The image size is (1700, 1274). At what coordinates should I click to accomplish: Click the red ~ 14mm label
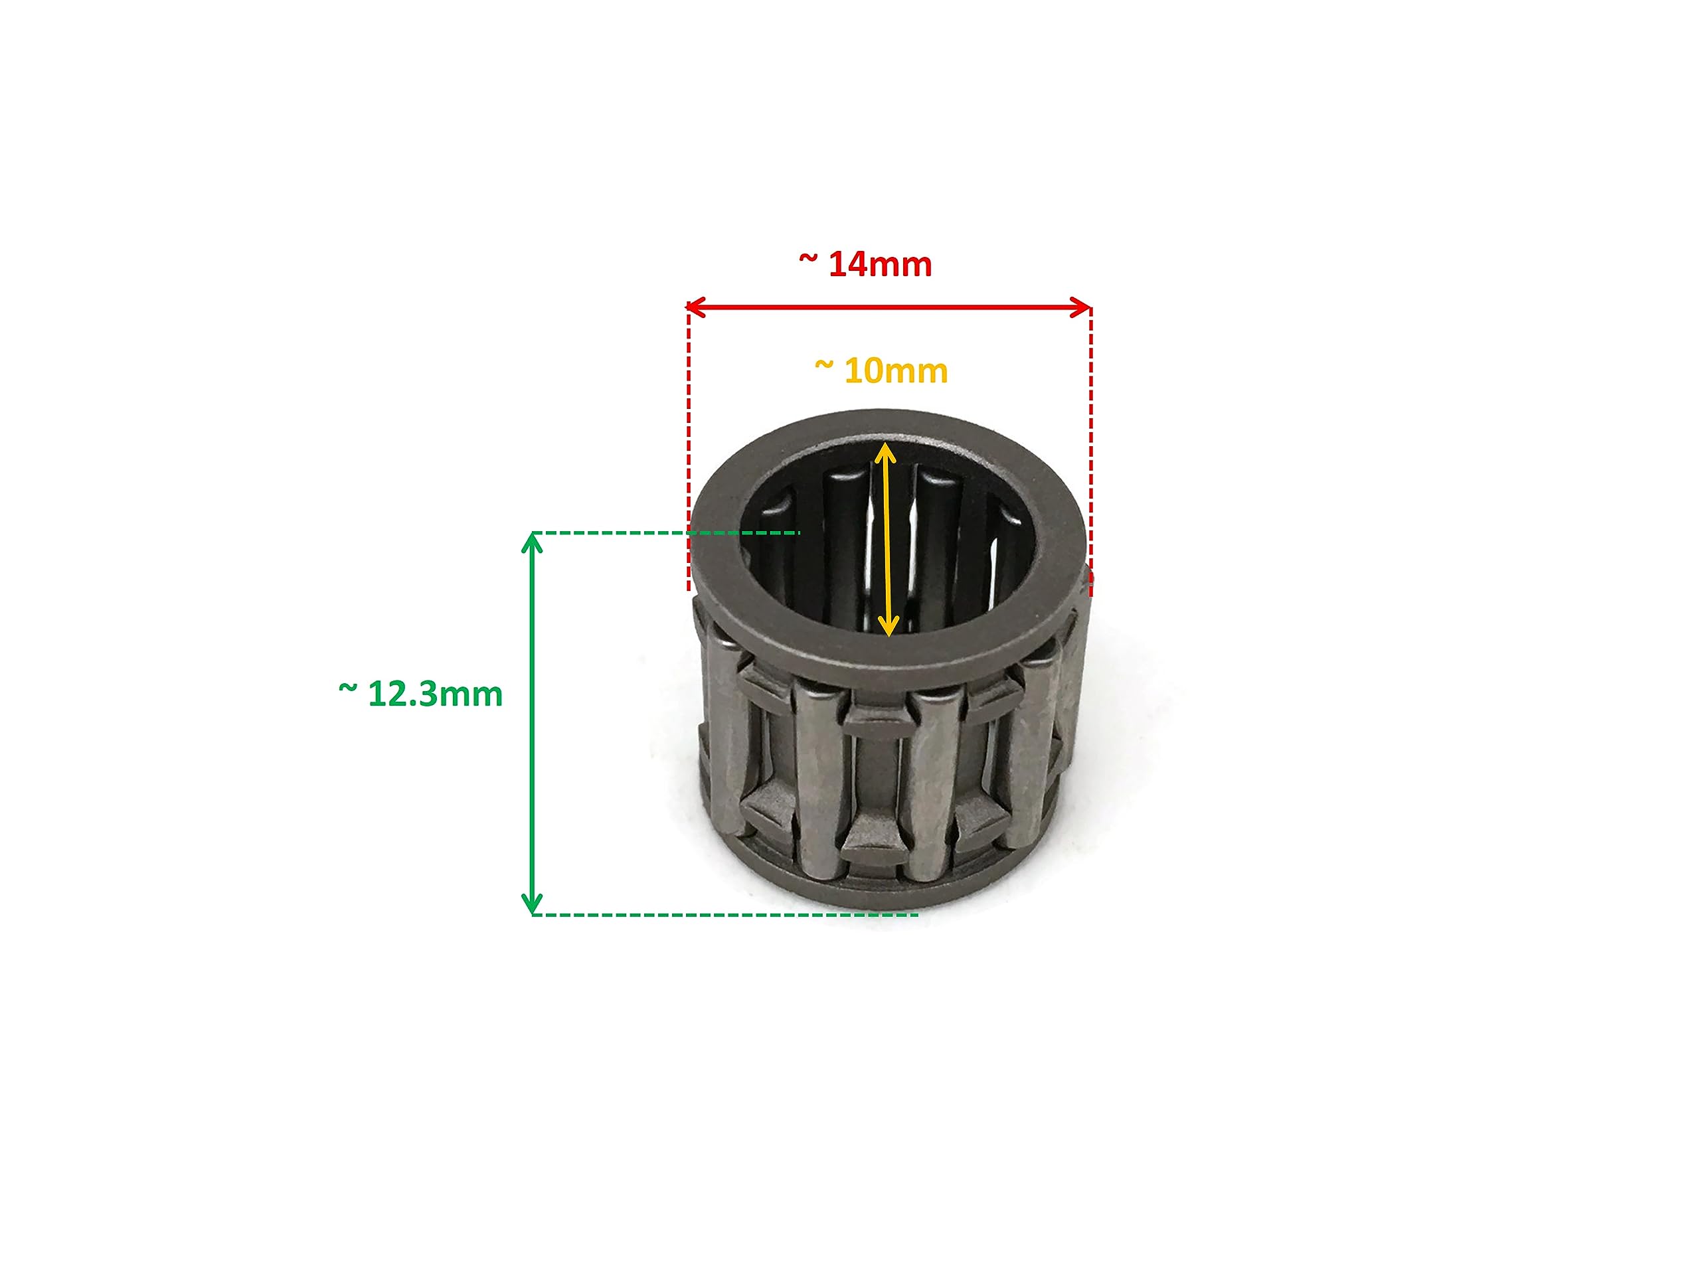(865, 264)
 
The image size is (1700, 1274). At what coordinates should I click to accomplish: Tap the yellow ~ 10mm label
(881, 371)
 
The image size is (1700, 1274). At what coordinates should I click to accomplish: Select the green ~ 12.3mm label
(420, 694)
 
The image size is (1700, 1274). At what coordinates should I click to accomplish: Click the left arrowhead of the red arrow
(693, 308)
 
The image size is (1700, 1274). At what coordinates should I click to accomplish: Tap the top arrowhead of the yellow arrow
(885, 449)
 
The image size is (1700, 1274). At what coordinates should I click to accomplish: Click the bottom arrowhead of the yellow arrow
(888, 629)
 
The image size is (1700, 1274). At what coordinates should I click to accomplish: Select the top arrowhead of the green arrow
(532, 540)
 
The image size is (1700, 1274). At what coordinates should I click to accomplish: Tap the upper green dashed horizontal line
(615, 532)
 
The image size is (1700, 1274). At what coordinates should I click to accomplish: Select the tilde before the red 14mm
(807, 259)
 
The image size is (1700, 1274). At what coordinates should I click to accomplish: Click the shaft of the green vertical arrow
(532, 722)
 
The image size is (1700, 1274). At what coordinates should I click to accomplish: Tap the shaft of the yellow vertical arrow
(887, 538)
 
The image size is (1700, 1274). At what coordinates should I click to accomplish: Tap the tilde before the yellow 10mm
(824, 366)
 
